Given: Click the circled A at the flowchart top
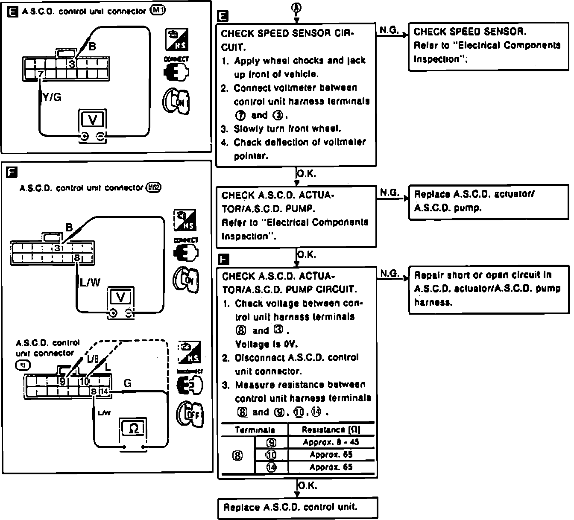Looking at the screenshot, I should click(296, 7).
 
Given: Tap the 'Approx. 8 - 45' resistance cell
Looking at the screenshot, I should click(331, 442).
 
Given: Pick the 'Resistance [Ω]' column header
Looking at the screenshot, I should click(331, 430).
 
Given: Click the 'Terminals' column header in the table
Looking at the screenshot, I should click(255, 430).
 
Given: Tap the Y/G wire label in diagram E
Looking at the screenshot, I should click(52, 98).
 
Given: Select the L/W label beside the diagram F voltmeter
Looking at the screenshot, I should click(90, 282).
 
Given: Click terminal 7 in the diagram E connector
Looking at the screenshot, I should click(40, 74).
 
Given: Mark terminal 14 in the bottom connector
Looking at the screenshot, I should click(104, 391).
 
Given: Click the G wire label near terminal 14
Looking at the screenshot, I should click(127, 383).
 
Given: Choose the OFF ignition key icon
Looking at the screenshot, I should click(189, 415).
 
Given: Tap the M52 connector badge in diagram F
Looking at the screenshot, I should click(153, 187).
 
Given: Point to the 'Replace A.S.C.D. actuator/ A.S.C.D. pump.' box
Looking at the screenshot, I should click(489, 202).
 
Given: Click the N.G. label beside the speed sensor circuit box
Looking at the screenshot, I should click(389, 30).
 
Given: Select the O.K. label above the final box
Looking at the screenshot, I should click(307, 485).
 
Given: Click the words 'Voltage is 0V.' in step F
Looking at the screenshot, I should click(266, 344).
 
